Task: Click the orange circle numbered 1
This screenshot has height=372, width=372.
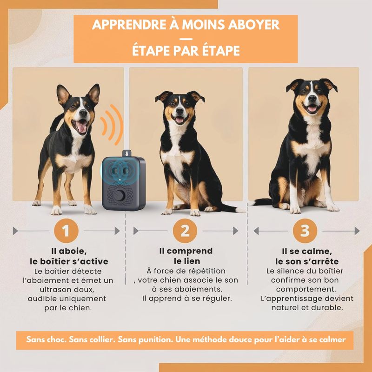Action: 66,231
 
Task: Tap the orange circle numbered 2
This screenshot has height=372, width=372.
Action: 185,231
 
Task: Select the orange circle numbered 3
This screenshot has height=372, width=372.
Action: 305,231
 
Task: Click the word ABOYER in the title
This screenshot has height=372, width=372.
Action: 254,25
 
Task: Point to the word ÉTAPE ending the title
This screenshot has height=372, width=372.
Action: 221,51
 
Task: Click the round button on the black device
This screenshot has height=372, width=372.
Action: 120,195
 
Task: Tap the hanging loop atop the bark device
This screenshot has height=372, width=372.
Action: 127,153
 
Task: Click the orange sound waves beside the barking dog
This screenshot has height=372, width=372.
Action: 112,125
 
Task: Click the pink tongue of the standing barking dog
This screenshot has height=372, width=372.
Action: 82,127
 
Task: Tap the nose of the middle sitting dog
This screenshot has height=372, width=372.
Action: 179,110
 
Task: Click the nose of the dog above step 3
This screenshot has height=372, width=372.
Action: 312,98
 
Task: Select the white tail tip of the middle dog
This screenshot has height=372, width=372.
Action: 240,210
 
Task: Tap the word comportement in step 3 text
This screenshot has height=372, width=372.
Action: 305,289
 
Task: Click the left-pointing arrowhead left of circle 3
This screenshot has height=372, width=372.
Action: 256,231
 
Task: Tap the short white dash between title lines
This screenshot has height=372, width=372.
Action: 186,39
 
